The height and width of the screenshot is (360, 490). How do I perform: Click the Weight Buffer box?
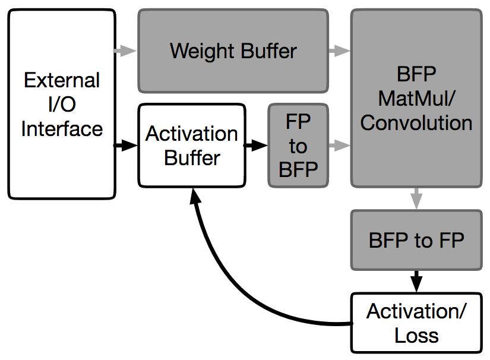(x=233, y=51)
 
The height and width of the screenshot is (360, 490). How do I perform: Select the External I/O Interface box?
(x=62, y=104)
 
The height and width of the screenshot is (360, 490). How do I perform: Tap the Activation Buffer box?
(x=192, y=146)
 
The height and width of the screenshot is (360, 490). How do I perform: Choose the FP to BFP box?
(x=298, y=146)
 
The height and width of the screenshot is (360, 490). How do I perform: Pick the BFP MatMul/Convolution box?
(x=416, y=98)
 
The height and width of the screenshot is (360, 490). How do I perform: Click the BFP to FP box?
(x=416, y=240)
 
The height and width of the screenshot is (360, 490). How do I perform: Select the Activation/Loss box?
(x=416, y=323)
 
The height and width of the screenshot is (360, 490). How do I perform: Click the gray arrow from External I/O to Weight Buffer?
(x=125, y=50)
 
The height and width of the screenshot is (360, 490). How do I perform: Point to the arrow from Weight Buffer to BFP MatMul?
(x=340, y=50)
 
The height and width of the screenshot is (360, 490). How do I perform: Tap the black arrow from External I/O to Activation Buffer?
(x=125, y=145)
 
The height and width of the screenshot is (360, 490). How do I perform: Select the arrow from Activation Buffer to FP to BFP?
(x=255, y=145)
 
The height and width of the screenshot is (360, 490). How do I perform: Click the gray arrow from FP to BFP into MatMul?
(x=340, y=145)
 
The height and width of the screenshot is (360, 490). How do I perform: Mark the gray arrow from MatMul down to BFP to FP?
(x=416, y=198)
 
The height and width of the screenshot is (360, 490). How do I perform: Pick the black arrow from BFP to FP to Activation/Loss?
(x=416, y=281)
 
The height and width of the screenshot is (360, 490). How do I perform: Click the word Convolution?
(x=416, y=122)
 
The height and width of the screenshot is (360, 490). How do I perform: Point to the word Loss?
(x=416, y=336)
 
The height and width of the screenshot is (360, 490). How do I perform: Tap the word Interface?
(x=62, y=129)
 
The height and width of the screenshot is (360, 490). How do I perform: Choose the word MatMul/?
(x=416, y=98)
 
